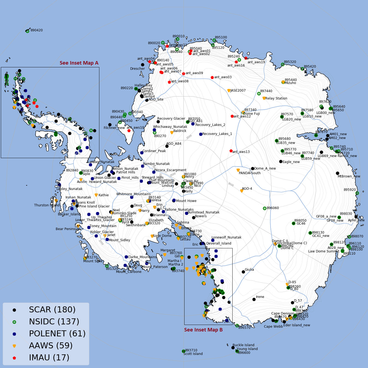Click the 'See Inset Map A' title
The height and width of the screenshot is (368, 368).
click(79, 63)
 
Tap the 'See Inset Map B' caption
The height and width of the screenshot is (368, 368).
click(203, 330)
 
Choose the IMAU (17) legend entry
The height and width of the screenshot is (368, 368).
click(49, 357)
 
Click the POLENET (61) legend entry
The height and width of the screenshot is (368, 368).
click(57, 334)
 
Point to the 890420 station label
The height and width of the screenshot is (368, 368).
click(37, 30)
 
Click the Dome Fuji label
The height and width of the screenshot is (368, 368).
click(251, 114)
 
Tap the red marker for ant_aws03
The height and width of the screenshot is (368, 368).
click(212, 77)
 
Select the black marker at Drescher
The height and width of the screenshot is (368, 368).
click(143, 65)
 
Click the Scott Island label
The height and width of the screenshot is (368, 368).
click(193, 354)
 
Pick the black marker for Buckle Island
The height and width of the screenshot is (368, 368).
click(233, 348)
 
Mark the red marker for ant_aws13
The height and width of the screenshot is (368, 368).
click(231, 151)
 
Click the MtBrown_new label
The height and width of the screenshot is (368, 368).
click(349, 176)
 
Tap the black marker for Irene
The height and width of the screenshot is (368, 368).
click(254, 299)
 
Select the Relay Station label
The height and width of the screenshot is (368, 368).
click(276, 98)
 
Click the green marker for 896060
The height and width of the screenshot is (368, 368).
click(265, 208)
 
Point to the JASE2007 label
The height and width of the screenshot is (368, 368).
click(238, 91)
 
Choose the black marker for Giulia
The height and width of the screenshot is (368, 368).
click(243, 272)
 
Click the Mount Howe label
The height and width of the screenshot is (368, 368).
click(186, 201)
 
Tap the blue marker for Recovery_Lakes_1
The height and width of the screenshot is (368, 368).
click(201, 134)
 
